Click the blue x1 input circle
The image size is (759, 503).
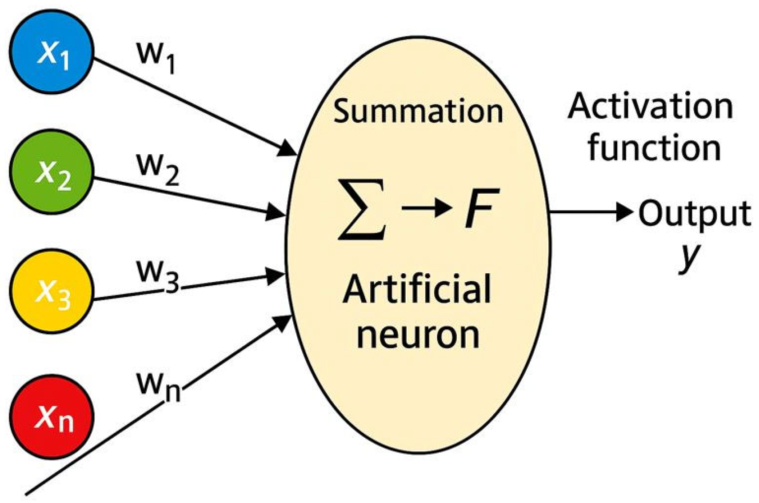(52, 52)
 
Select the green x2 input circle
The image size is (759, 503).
(52, 172)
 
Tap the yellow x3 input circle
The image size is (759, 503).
(52, 291)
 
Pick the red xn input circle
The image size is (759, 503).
(52, 416)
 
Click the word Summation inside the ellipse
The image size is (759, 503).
(418, 111)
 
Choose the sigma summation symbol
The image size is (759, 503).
(361, 209)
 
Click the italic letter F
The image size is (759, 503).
(481, 208)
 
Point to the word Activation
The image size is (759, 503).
(650, 107)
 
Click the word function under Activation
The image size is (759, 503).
(654, 148)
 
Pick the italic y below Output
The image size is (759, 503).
(690, 256)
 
